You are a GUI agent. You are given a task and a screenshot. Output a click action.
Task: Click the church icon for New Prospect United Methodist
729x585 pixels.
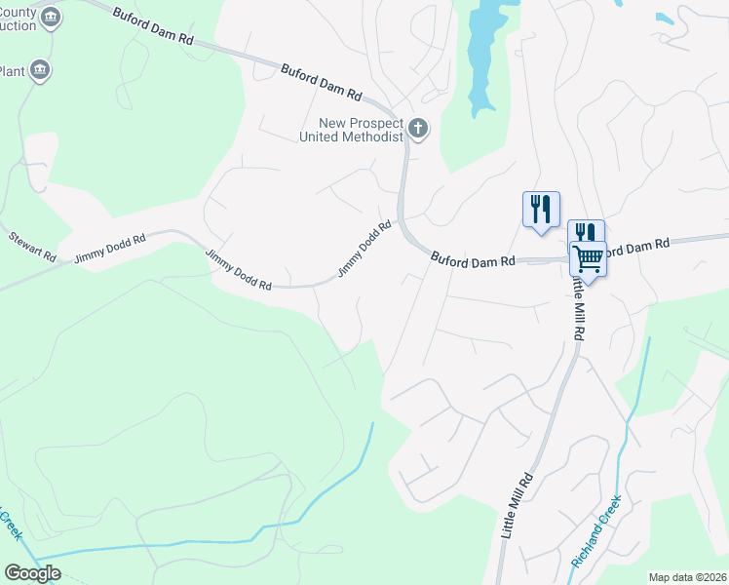pos(418,128)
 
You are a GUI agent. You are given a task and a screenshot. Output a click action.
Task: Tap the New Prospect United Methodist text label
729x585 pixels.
pos(361,130)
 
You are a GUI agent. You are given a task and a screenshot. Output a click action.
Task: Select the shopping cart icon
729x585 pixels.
pos(588,258)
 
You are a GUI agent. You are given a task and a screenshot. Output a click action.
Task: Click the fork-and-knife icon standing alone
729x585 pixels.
pos(541,209)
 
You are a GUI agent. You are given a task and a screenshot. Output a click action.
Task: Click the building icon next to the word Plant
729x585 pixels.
pos(40,69)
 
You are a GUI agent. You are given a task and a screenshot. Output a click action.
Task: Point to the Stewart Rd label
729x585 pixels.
pos(32,247)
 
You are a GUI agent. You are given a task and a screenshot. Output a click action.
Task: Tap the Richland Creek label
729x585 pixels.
pos(596,532)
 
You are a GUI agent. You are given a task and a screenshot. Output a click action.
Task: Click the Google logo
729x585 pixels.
pos(32,573)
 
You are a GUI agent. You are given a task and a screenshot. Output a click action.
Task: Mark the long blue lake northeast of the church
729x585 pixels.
pos(480,54)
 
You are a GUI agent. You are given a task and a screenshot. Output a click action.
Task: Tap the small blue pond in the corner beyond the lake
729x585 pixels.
pos(667,19)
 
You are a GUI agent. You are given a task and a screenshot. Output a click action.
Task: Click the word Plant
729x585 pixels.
pos(12,71)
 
